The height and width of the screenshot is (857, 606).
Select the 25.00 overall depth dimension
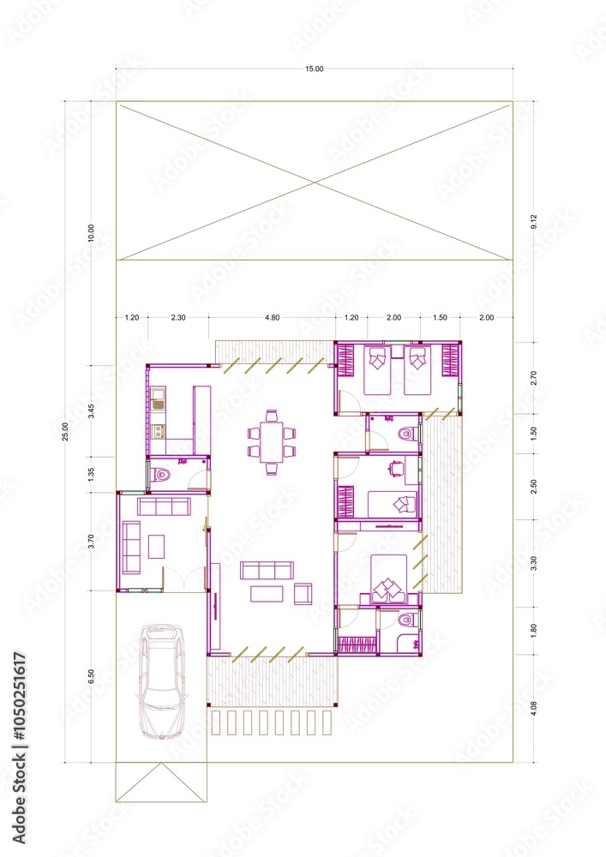coord(67,432)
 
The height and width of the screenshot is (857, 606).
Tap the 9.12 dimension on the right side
coord(533,221)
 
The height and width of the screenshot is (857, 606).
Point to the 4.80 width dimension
coord(272,318)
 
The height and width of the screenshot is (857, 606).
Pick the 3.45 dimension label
coord(91,409)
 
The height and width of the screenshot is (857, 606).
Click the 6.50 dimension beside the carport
coord(91,677)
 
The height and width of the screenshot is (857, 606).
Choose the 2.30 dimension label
coord(178,318)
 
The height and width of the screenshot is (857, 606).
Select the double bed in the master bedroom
coord(389,578)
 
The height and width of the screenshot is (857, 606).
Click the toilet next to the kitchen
coord(161,474)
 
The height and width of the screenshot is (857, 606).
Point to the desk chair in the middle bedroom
coord(394,468)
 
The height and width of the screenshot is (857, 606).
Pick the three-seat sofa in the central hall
coord(267,570)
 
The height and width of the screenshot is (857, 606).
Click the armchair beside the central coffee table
coord(303,593)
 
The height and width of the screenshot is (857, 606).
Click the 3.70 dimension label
coord(91,542)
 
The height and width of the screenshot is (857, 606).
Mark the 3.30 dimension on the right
coord(533,564)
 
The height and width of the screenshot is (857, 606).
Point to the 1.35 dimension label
coord(91,474)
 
